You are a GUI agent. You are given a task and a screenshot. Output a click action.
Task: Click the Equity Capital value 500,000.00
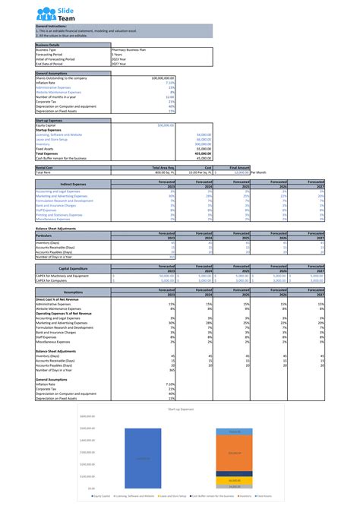coord(166,125)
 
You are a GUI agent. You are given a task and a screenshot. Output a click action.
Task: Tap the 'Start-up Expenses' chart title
coord(179,409)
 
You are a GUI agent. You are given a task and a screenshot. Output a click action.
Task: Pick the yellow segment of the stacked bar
coord(234,479)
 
